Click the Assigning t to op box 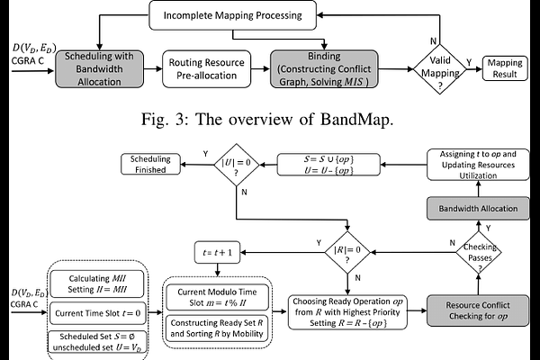482,166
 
